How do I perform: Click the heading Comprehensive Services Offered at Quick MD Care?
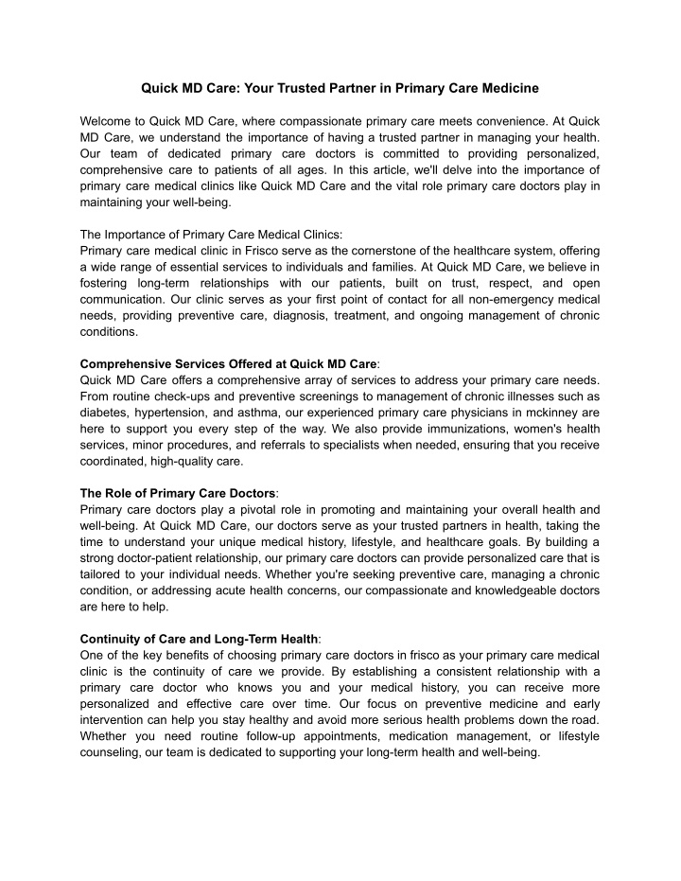tap(228, 363)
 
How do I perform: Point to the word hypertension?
tap(184, 412)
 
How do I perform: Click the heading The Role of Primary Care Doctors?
tap(178, 493)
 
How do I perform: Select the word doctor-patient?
tap(151, 557)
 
